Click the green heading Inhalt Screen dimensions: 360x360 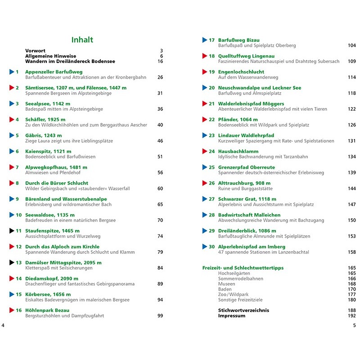[82, 40]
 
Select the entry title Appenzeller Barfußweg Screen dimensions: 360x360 [54, 72]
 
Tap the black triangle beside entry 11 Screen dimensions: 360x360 [12, 231]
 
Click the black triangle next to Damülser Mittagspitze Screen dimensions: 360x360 [12, 262]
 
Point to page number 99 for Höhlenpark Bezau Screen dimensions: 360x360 [160, 316]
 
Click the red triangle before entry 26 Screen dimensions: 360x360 [205, 183]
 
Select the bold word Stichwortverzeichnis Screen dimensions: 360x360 [243, 310]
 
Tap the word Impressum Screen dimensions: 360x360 [232, 316]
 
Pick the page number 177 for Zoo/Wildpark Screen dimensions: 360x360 [351, 294]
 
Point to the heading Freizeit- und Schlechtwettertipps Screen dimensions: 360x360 [243, 268]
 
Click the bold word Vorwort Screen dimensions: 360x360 [36, 50]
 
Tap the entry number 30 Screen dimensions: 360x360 [211, 247]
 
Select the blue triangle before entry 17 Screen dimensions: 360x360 [205, 40]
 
